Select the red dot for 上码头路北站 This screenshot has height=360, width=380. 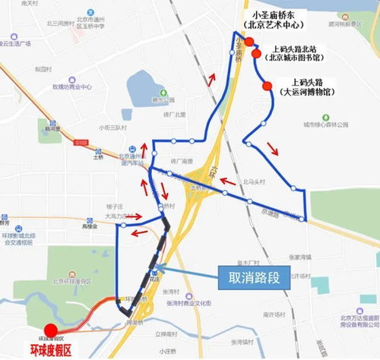pyautogui.click(x=257, y=55)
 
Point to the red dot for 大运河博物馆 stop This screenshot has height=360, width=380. pyautogui.click(x=266, y=87)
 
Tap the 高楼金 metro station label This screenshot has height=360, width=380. pyautogui.click(x=89, y=226)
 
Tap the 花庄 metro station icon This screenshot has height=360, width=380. pyautogui.click(x=157, y=270)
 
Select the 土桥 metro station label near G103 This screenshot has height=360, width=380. pyautogui.click(x=98, y=159)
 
